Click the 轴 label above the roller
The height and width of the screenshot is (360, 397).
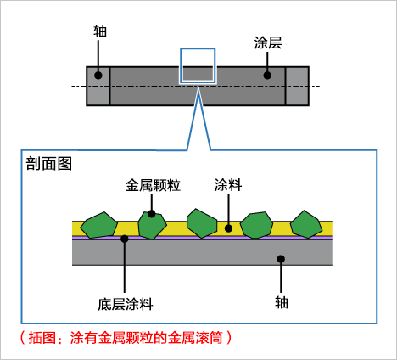(x=100, y=31)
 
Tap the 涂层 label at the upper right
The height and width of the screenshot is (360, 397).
(x=268, y=43)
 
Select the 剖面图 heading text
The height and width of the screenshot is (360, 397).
(x=49, y=164)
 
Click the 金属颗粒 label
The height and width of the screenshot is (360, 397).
(x=153, y=185)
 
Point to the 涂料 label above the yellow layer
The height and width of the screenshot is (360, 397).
(x=228, y=185)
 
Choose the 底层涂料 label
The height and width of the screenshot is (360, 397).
(x=126, y=305)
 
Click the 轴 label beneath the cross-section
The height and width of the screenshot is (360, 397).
(x=282, y=302)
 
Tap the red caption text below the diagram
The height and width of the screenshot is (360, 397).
(x=126, y=337)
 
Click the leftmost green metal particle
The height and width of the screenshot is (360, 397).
(x=98, y=225)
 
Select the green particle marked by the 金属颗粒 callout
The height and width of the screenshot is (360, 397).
(x=152, y=225)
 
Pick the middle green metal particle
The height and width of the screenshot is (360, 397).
(x=202, y=223)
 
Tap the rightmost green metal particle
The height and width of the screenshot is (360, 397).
(x=306, y=224)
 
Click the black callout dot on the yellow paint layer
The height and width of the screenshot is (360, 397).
(x=228, y=228)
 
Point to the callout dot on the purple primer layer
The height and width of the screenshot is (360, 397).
(x=125, y=239)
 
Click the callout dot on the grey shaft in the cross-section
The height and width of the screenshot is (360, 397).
(x=281, y=259)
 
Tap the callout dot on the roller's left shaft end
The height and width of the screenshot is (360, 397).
(x=98, y=76)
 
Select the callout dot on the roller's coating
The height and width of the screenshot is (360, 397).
(x=267, y=76)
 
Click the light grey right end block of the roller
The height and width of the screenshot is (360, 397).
(x=297, y=86)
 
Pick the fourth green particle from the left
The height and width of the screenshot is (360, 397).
(x=256, y=225)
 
